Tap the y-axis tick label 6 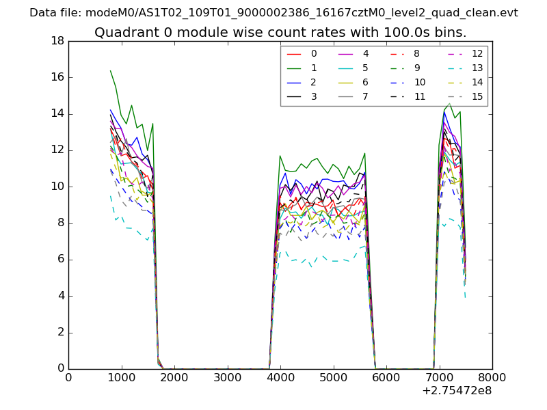pos(60,260)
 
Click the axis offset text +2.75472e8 pos(456,391)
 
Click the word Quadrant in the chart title pos(121,33)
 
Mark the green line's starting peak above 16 pos(110,70)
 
